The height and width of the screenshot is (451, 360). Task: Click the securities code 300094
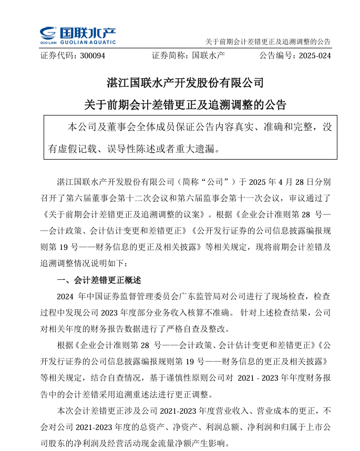(x=92, y=55)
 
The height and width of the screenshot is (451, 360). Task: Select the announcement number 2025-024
(x=313, y=55)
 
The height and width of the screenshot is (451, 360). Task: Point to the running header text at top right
(x=268, y=42)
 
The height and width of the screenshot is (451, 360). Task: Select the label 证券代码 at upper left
(x=55, y=55)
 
